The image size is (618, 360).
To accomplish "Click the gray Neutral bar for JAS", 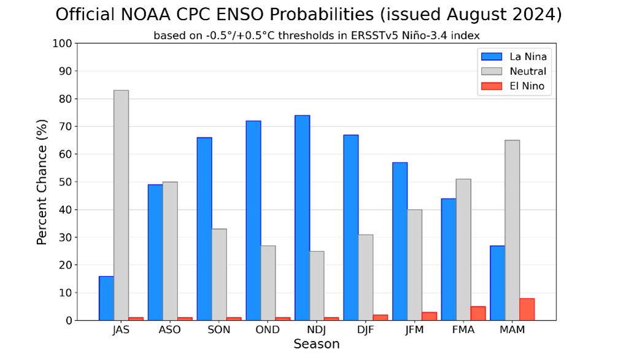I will click(121, 205).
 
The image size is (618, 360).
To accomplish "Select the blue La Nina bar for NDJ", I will click(302, 218).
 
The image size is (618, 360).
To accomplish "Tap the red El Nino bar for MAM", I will click(527, 309).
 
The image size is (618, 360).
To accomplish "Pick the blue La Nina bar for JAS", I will click(106, 298).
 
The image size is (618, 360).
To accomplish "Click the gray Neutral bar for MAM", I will click(512, 230).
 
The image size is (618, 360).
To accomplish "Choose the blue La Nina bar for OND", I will click(253, 221).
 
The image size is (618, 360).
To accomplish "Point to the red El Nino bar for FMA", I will click(478, 313).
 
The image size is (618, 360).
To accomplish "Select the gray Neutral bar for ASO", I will click(170, 251).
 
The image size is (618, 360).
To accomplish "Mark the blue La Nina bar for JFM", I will click(400, 241).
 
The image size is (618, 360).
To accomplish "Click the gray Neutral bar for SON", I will click(219, 274).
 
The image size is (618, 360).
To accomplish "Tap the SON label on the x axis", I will click(218, 330).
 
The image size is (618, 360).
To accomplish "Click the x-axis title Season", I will click(316, 345).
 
